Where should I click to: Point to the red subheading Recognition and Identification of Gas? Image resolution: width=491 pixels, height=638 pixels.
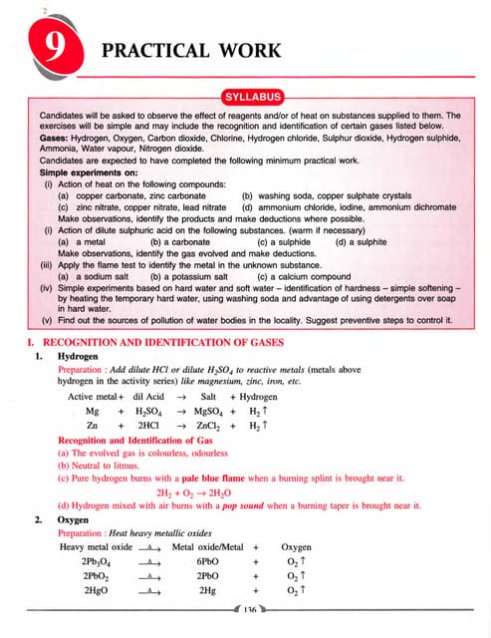tap(129, 439)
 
